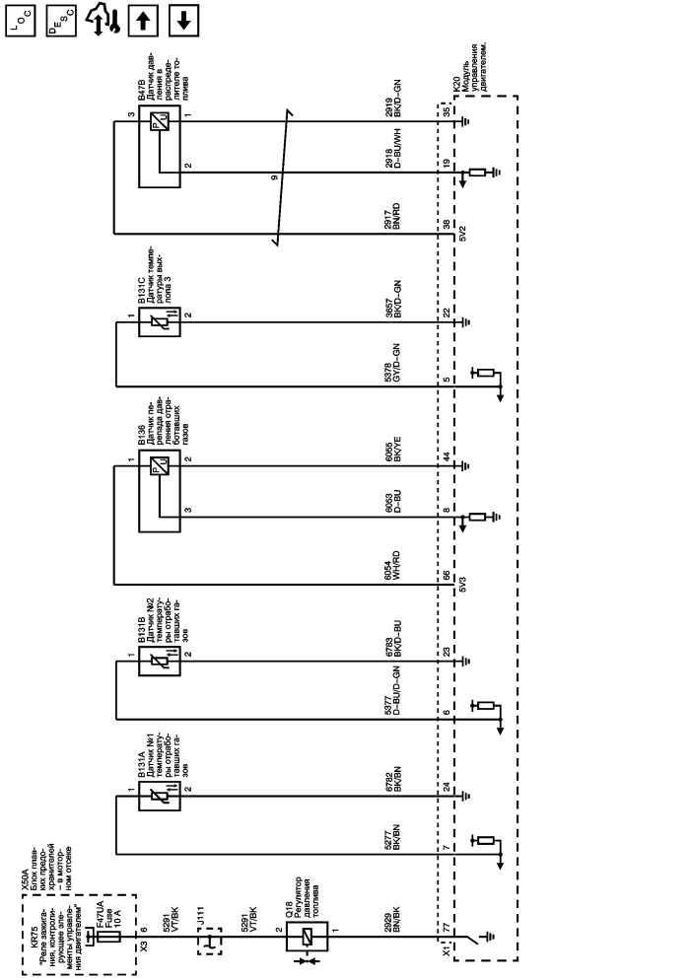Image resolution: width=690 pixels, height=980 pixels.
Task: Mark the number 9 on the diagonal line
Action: pyautogui.click(x=275, y=176)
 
